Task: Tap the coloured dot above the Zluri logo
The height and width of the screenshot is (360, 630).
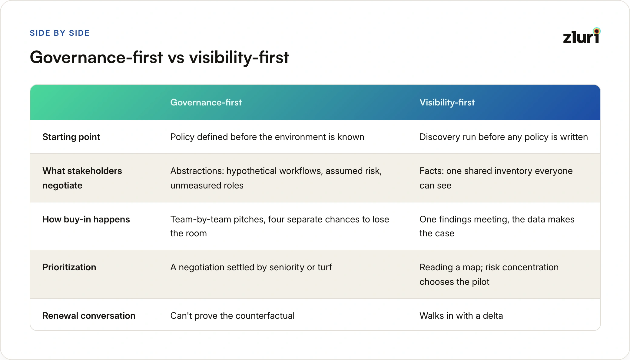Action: click(597, 31)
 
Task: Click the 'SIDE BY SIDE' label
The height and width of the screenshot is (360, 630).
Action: click(60, 33)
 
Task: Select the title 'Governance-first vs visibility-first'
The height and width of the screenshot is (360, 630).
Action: click(159, 57)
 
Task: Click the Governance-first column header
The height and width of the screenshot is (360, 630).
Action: click(206, 102)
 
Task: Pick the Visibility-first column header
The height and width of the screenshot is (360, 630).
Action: click(447, 102)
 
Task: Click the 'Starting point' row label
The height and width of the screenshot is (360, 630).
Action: click(71, 137)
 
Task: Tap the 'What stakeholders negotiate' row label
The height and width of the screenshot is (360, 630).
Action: click(82, 178)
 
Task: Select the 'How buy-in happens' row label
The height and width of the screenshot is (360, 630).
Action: click(86, 219)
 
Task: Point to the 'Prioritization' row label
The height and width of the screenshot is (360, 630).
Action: click(69, 267)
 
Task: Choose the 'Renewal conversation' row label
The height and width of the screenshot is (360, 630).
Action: click(89, 316)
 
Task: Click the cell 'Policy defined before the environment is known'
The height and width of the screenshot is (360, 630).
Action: click(267, 137)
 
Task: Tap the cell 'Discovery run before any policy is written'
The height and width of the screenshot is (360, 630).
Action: click(504, 137)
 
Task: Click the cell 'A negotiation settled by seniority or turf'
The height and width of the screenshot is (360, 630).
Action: click(251, 267)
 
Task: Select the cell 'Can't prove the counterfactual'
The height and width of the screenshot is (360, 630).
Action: click(232, 316)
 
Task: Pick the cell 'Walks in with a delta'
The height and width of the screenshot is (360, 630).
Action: click(461, 316)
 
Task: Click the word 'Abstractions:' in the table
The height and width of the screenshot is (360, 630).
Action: click(197, 171)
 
